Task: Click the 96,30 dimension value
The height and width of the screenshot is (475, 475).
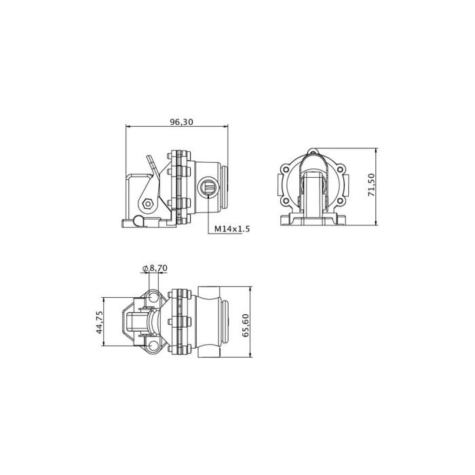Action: pyautogui.click(x=181, y=121)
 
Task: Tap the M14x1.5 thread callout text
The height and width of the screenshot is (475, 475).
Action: pyautogui.click(x=232, y=229)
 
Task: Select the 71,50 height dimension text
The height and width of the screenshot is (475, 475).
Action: pyautogui.click(x=371, y=185)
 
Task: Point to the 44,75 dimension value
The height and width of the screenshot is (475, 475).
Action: pyautogui.click(x=99, y=322)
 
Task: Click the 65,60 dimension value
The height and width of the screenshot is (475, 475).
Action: pyautogui.click(x=246, y=325)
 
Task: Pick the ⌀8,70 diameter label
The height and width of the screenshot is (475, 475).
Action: pyautogui.click(x=155, y=268)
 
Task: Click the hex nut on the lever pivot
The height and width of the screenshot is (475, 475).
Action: pyautogui.click(x=147, y=204)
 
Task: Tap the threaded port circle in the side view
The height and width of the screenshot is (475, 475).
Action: pyautogui.click(x=208, y=187)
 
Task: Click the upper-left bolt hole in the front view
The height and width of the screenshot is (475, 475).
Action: pyautogui.click(x=286, y=170)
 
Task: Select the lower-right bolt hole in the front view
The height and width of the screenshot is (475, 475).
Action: pyautogui.click(x=340, y=201)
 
